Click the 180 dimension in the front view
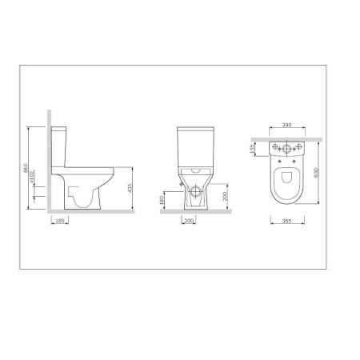(163, 198)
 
